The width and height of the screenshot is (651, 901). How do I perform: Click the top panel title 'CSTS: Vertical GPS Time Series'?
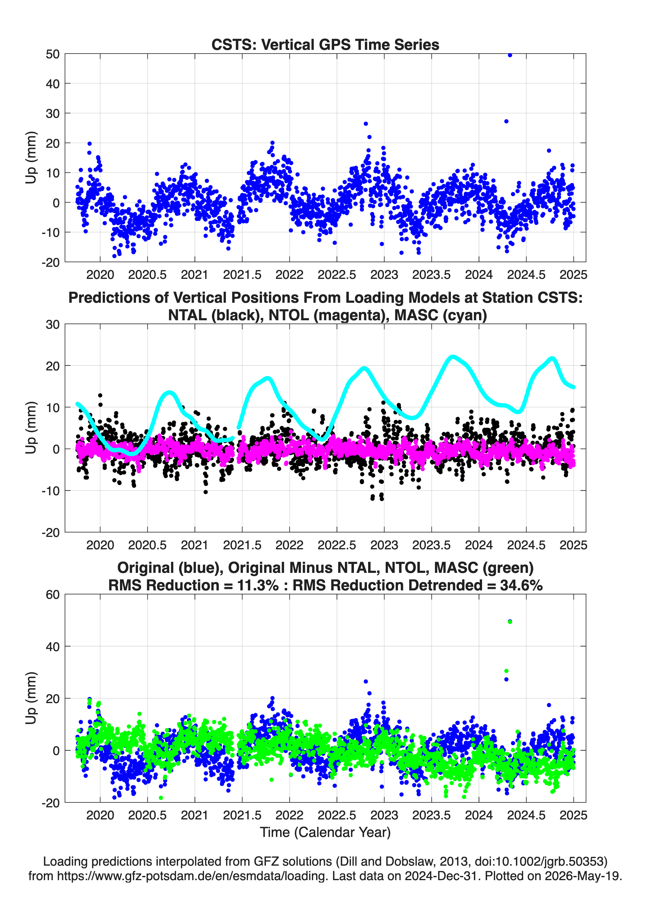(325, 44)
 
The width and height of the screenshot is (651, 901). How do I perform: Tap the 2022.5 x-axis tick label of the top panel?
(337, 275)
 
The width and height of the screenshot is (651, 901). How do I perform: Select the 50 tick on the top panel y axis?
(53, 54)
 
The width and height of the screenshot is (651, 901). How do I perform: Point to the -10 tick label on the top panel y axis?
(50, 232)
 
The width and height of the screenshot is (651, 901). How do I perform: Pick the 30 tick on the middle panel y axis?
(53, 325)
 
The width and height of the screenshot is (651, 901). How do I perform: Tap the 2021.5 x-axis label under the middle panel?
(242, 545)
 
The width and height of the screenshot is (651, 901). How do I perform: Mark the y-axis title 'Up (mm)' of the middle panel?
(31, 428)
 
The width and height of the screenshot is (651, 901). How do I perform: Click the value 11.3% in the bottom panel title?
(257, 585)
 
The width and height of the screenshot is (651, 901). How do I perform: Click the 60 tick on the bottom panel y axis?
(53, 595)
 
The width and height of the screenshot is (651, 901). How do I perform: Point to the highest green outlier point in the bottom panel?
(510, 622)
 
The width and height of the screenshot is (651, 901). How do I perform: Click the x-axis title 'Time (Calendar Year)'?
(325, 832)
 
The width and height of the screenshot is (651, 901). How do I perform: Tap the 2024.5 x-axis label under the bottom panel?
(526, 815)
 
